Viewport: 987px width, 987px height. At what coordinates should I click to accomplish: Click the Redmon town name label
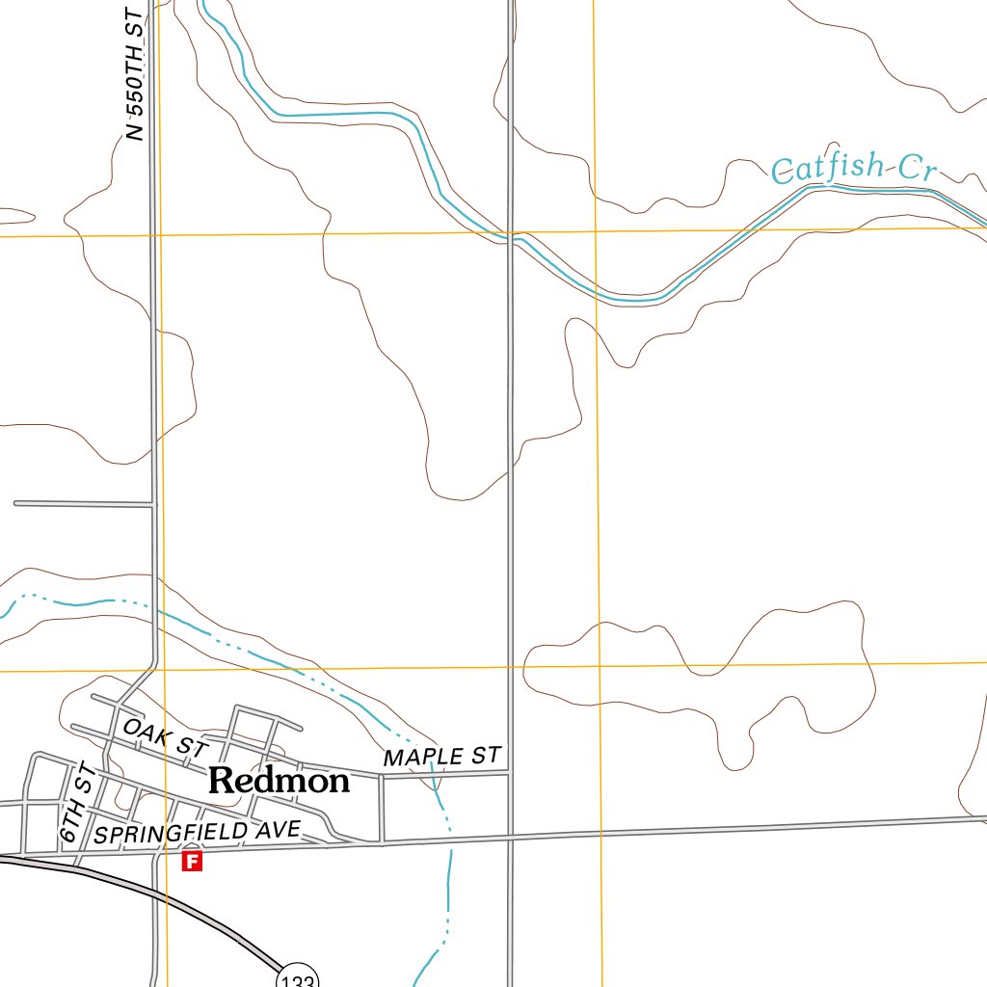point(279,781)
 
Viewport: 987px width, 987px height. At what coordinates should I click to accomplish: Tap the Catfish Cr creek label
point(854,171)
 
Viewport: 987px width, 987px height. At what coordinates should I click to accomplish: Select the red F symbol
point(193,861)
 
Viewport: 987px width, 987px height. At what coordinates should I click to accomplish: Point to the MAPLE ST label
point(442,757)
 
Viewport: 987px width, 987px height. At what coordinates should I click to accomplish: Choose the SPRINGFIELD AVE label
point(198,832)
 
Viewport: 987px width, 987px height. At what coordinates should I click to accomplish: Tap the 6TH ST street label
point(74,802)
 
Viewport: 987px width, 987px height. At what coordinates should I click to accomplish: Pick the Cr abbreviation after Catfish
point(917,170)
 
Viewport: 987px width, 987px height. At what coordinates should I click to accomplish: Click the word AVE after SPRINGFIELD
point(281,829)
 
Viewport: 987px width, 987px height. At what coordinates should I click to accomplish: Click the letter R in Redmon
point(220,781)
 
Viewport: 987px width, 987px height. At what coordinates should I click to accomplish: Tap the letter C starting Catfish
point(784,173)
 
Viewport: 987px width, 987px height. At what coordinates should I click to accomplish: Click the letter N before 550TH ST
point(136,133)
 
